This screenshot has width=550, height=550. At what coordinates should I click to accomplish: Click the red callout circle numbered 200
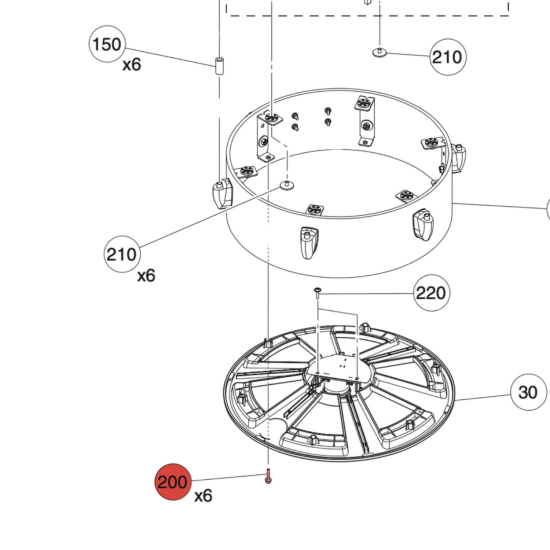coord(173,482)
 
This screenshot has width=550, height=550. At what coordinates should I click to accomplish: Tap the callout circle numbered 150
coord(107,44)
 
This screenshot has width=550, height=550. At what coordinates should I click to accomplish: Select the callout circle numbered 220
coord(431,292)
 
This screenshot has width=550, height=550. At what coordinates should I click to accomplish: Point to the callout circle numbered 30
coord(528,392)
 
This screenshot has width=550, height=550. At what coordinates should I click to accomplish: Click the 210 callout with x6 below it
coord(122,254)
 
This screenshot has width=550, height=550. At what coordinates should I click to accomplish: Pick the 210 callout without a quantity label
coord(448,57)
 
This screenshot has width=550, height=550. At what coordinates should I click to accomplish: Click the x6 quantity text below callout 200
coord(203,495)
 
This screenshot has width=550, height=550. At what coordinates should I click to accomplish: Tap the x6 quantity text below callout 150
coord(132,64)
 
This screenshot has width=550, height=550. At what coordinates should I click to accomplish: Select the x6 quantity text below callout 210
coord(146,275)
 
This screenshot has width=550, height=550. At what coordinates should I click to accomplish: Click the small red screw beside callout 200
coord(268,476)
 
